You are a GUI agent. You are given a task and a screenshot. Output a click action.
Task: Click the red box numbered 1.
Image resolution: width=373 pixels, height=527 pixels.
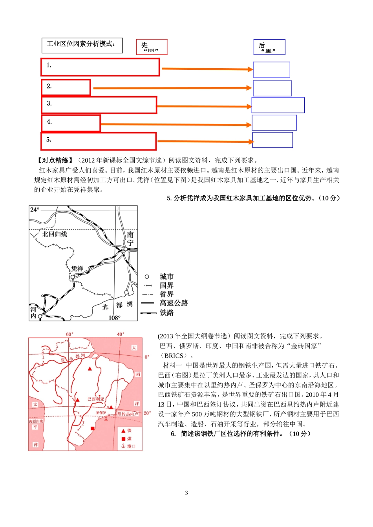pyautogui.click(x=100, y=67)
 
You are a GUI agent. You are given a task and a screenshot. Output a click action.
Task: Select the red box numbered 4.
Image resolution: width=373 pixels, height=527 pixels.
pyautogui.click(x=71, y=123)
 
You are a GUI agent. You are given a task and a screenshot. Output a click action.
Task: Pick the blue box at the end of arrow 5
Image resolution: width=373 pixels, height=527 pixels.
pyautogui.click(x=272, y=140)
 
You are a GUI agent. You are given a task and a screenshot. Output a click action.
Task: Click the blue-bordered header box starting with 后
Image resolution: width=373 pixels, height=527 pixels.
pyautogui.click(x=269, y=47)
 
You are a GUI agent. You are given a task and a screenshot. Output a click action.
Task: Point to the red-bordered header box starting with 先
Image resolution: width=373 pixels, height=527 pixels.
pyautogui.click(x=152, y=47)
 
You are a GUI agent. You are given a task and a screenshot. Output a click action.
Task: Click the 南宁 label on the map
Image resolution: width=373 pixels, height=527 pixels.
pyautogui.click(x=130, y=239)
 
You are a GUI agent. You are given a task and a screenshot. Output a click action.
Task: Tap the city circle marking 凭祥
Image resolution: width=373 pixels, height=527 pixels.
pyautogui.click(x=72, y=277)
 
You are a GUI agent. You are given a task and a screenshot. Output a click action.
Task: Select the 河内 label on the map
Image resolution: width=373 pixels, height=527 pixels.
pyautogui.click(x=34, y=313)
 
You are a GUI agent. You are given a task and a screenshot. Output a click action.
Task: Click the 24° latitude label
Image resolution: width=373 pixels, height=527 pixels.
pyautogui.click(x=35, y=210)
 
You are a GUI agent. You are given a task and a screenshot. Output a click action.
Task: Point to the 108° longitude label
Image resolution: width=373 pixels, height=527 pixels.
pyautogui.click(x=115, y=318)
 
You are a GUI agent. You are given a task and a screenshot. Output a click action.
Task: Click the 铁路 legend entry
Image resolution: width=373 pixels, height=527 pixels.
pyautogui.click(x=166, y=313)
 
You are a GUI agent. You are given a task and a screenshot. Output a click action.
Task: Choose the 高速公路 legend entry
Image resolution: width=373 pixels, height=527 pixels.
pyautogui.click(x=174, y=303)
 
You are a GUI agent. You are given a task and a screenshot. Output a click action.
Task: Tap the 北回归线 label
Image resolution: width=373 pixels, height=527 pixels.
pyautogui.click(x=55, y=234)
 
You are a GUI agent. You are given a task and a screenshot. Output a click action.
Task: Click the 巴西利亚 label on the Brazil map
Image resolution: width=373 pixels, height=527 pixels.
pyautogui.click(x=96, y=399)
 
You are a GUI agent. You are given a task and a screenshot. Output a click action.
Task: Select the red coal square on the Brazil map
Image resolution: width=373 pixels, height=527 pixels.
pyautogui.click(x=93, y=429)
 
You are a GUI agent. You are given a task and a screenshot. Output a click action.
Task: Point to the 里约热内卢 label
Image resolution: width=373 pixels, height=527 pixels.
pyautogui.click(x=128, y=414)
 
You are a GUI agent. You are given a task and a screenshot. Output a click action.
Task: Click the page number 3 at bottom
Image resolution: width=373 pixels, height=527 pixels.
pyautogui.click(x=186, y=493)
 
